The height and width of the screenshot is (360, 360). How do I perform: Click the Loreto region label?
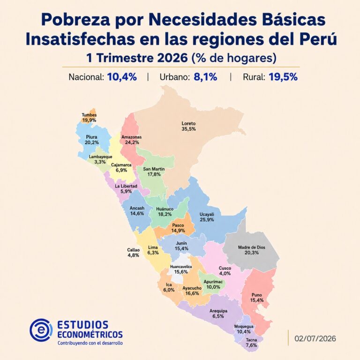click(x=188, y=124)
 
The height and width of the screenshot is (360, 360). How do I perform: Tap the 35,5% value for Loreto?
click(x=188, y=129)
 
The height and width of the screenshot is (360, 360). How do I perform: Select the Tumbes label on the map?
click(x=89, y=115)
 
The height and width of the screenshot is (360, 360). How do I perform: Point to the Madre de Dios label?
click(x=251, y=247)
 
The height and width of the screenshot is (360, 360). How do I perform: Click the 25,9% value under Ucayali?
click(x=207, y=220)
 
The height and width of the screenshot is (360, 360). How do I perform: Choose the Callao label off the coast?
click(x=133, y=250)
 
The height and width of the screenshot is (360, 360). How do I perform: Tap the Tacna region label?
click(x=251, y=340)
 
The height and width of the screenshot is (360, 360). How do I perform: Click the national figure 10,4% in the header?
click(x=122, y=77)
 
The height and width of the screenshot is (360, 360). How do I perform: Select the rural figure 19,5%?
click(x=283, y=77)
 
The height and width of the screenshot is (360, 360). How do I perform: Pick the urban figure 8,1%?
click(x=205, y=77)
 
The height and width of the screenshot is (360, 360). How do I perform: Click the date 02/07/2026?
click(x=315, y=338)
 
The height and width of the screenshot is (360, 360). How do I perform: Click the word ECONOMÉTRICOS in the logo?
click(x=90, y=334)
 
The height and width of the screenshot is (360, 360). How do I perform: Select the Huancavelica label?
click(x=181, y=267)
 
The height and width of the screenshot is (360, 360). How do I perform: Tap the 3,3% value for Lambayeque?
click(x=100, y=162)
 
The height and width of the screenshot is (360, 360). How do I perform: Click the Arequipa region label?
click(x=218, y=311)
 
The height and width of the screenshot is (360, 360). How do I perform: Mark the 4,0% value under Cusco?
click(x=225, y=273)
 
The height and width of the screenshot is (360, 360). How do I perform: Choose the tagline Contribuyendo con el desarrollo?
click(x=90, y=343)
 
